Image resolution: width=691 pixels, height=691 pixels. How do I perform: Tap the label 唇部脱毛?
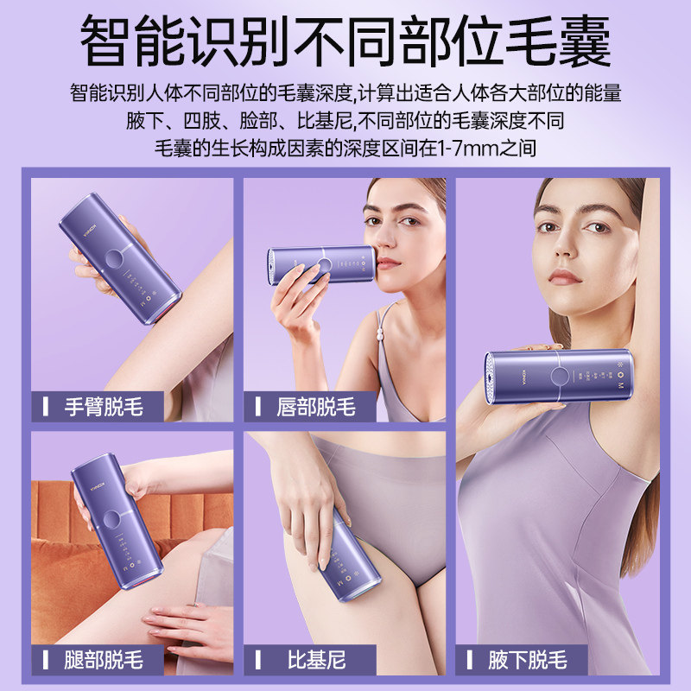(316, 406)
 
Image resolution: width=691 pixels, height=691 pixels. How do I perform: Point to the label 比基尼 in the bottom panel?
(316, 661)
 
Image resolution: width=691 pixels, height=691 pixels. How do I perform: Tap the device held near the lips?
(320, 264)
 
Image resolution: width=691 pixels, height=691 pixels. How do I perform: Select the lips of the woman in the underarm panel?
(566, 276)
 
